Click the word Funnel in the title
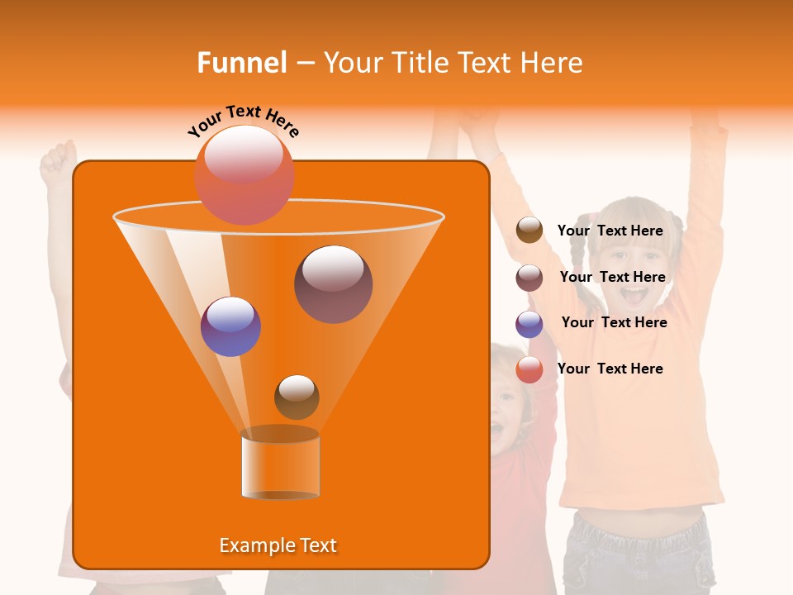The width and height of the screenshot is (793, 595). click(241, 63)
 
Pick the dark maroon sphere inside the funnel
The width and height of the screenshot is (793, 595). click(333, 284)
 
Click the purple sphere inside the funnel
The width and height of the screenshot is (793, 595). click(230, 326)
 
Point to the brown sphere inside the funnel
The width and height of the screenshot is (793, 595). click(297, 397)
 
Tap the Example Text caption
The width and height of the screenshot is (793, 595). click(278, 545)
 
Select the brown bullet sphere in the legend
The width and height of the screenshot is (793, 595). click(529, 231)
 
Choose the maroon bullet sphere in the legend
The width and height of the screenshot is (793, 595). click(529, 278)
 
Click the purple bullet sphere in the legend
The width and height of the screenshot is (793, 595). click(529, 324)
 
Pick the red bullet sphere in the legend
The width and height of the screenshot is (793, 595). click(529, 369)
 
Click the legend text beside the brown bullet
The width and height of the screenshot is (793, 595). click(610, 231)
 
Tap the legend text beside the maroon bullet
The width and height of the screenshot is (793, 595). click(612, 278)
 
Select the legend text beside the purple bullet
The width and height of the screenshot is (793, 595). click(614, 323)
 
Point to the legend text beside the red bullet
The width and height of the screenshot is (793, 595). click(610, 369)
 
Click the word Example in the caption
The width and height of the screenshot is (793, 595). click(254, 545)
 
